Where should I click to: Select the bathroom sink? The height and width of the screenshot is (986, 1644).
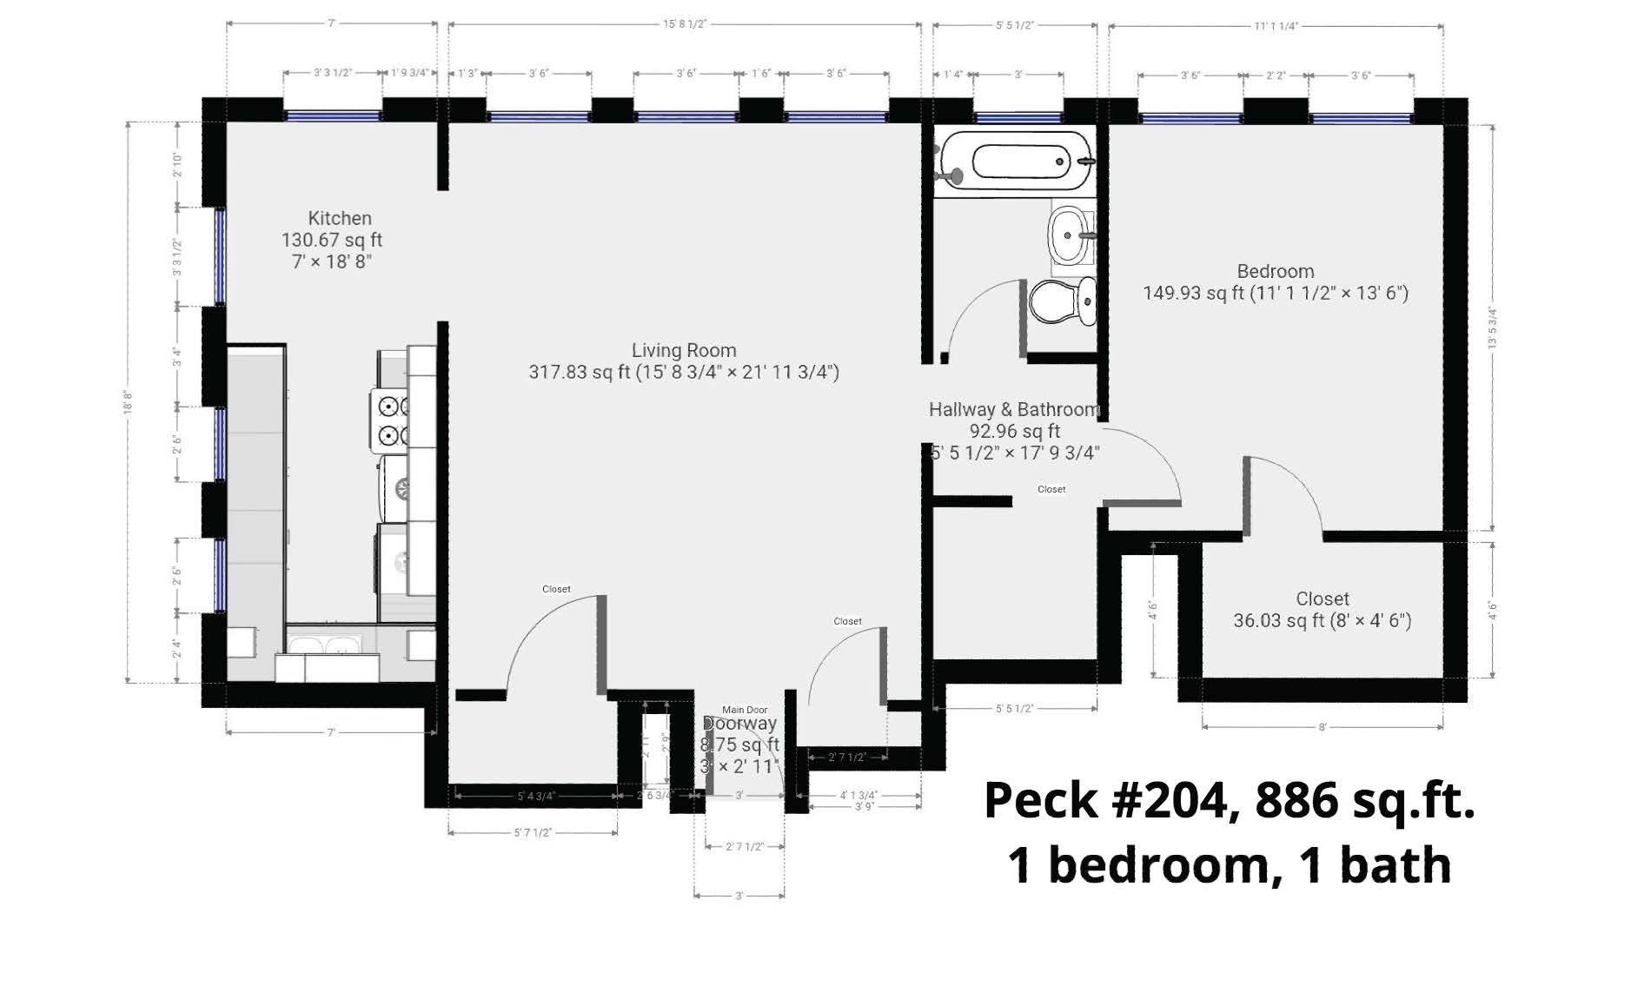click(1071, 235)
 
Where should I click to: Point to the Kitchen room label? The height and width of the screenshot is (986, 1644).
click(340, 218)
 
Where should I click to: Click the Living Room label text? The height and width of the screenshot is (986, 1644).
click(683, 350)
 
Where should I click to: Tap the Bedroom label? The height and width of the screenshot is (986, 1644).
click(1275, 271)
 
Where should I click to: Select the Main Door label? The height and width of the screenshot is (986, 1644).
click(745, 710)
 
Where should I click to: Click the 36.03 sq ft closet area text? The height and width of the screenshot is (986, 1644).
click(1322, 620)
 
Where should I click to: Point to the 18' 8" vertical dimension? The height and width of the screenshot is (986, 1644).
click(129, 401)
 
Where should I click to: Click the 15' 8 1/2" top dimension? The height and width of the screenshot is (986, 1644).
click(685, 24)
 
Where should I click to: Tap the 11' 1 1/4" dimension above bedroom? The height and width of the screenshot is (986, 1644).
click(1276, 26)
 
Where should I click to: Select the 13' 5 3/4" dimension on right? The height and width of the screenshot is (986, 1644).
click(1492, 328)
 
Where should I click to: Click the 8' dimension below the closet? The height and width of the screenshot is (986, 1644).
click(1322, 727)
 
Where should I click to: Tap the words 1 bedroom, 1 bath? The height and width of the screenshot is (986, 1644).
click(1229, 866)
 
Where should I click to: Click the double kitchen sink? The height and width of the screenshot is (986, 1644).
click(325, 645)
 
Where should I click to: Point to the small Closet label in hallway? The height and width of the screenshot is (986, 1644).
click(1051, 489)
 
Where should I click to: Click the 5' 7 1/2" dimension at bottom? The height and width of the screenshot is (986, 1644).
click(533, 832)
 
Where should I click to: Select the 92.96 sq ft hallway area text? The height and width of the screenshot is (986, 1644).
click(1014, 431)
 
